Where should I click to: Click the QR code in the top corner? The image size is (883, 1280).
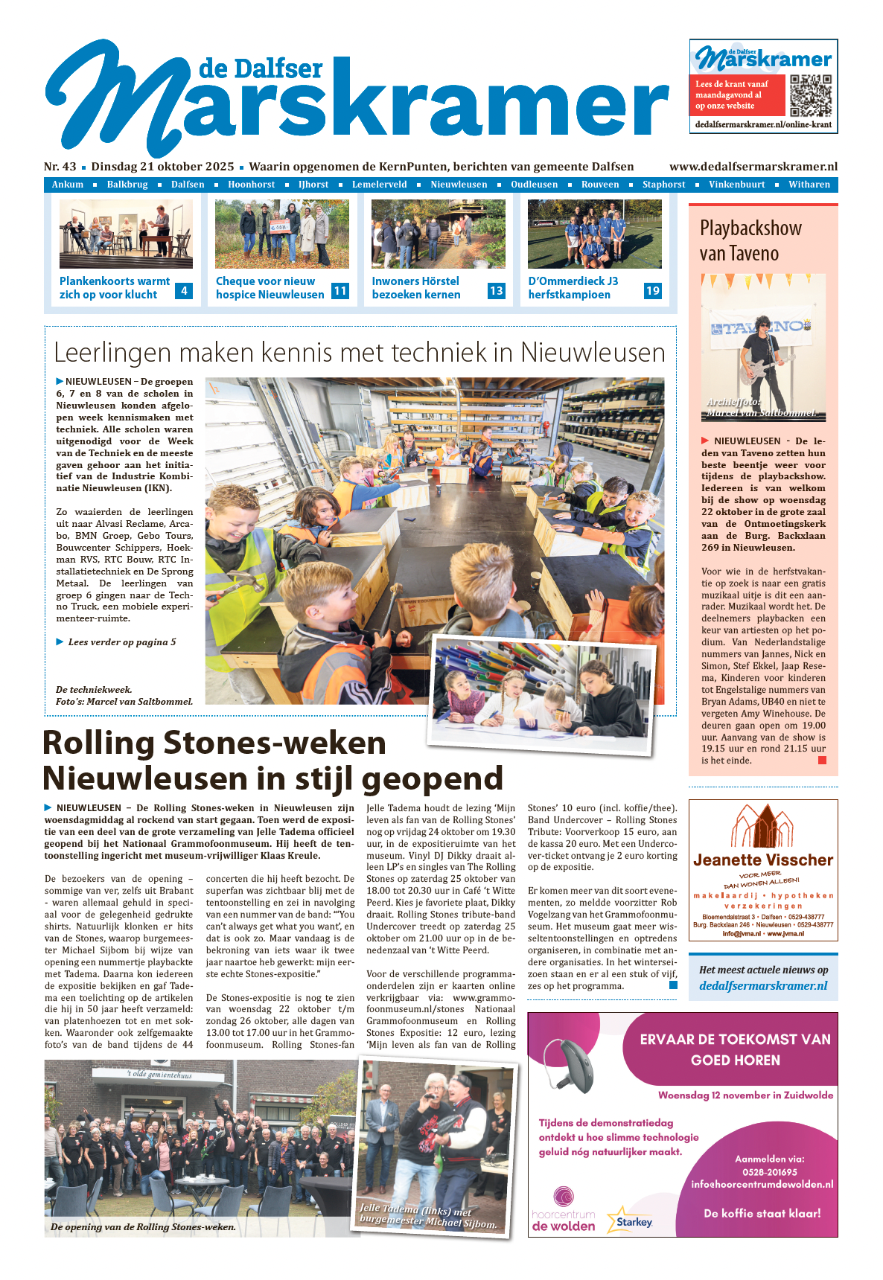810,95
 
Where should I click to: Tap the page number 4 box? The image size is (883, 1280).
184,291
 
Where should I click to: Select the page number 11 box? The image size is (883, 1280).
340,291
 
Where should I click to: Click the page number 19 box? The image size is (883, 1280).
653,291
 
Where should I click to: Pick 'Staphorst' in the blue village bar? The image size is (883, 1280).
663,185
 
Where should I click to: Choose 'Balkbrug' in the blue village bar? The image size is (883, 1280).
127,185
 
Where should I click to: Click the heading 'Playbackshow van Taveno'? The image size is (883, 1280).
750,240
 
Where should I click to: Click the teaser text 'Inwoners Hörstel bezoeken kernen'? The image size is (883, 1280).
416,288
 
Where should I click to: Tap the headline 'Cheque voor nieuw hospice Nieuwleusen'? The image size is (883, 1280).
270,288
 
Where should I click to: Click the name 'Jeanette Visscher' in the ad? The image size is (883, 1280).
763,860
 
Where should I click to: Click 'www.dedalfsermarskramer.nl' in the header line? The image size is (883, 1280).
753,167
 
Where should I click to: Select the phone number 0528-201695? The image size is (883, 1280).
769,1172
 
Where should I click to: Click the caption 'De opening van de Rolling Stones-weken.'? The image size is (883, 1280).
143,1227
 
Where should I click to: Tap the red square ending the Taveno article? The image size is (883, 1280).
822,760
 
